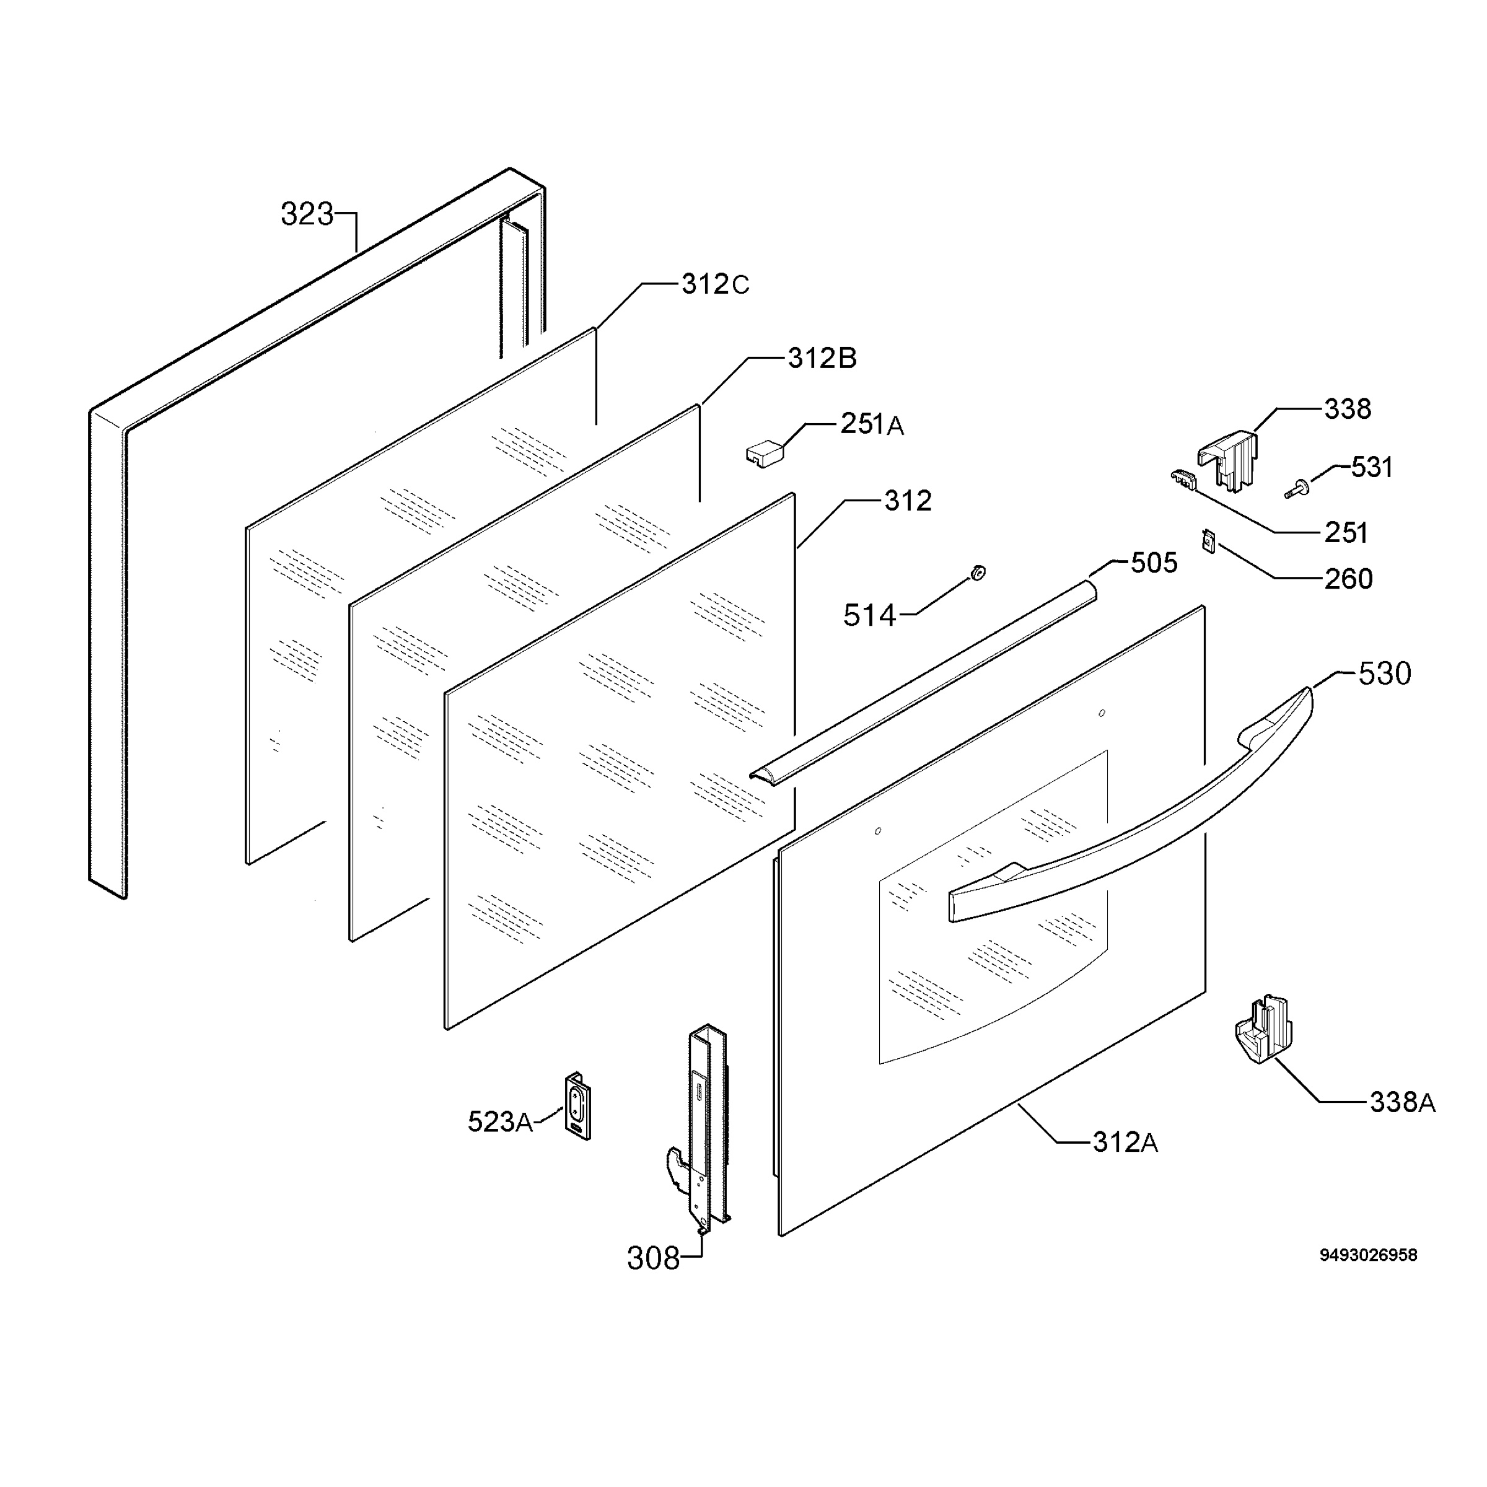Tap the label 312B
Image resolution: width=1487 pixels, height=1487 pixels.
pyautogui.click(x=822, y=358)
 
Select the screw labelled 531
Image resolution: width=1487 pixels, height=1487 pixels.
pyautogui.click(x=1297, y=489)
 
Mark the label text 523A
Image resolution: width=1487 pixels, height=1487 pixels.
pyautogui.click(x=500, y=1121)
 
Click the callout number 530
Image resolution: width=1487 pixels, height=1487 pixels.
pyautogui.click(x=1385, y=673)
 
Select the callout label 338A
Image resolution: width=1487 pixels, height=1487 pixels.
pyautogui.click(x=1402, y=1102)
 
